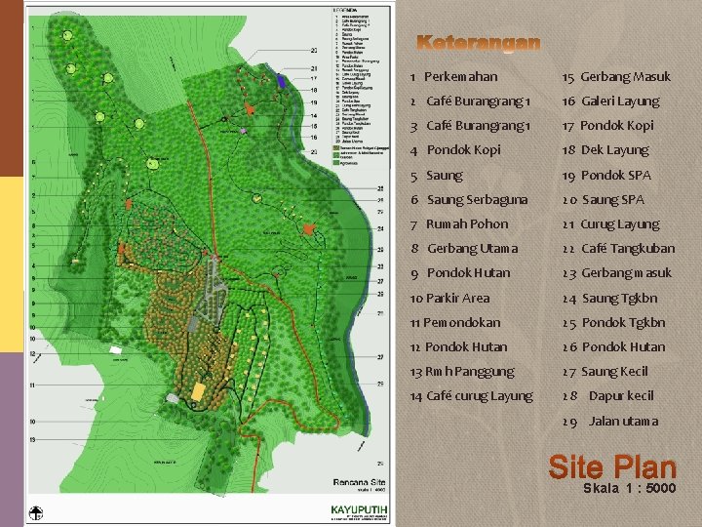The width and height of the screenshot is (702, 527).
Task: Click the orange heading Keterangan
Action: (478, 43)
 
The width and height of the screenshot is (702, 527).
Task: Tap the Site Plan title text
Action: (611, 466)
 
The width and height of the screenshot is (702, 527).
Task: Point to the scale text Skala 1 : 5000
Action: (629, 488)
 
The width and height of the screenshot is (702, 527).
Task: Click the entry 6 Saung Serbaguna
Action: (469, 199)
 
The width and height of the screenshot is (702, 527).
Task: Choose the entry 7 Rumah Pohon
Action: (459, 223)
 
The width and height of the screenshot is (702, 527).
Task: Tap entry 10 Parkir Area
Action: (449, 298)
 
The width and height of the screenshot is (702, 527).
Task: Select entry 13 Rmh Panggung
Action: (461, 371)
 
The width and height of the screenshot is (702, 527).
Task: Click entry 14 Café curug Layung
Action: (471, 395)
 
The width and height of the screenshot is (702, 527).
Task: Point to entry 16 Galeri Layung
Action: (610, 101)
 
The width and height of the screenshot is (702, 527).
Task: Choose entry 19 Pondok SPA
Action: (605, 175)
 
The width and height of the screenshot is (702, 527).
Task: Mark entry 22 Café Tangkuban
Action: (617, 248)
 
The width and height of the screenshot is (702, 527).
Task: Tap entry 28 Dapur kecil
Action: (607, 395)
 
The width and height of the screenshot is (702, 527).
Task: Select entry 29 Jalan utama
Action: (609, 421)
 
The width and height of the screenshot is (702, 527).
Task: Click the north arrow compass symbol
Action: (36, 512)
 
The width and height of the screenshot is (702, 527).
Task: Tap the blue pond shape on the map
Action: (282, 82)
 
